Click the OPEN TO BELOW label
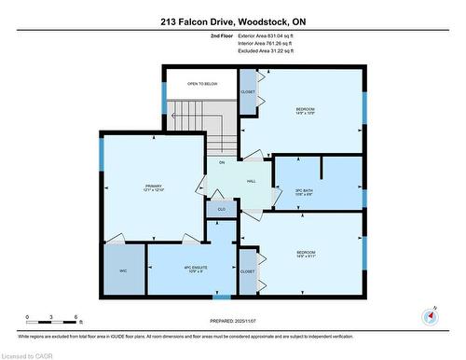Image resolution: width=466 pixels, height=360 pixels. coord(201,84)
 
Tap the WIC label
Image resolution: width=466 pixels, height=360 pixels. coord(122,270)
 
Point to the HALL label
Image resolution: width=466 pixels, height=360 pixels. coord(251,182)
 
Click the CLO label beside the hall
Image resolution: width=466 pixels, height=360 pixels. coord(221,209)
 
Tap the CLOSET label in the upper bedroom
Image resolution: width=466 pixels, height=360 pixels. coord(247,92)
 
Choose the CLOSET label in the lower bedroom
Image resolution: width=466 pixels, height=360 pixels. coord(247,271)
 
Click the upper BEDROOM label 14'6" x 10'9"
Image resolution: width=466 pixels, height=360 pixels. coord(305,111)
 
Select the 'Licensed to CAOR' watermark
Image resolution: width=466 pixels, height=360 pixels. coord(27,354)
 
